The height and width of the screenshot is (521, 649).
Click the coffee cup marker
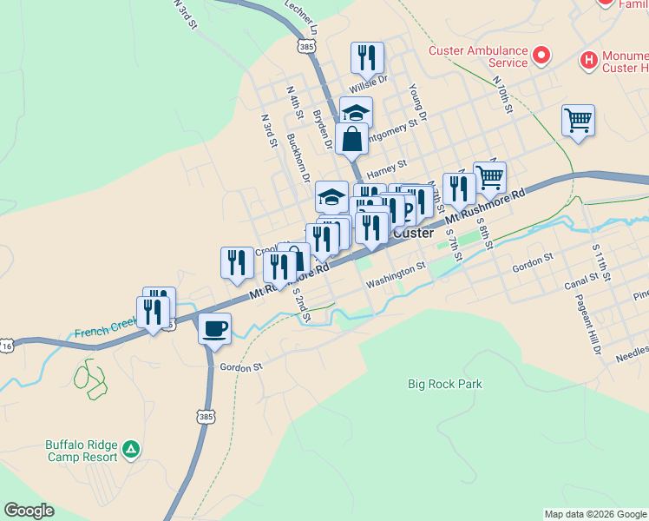pyautogui.click(x=214, y=329)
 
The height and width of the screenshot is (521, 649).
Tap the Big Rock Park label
pyautogui.click(x=444, y=384)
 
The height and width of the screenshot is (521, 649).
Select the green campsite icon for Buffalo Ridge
pyautogui.click(x=130, y=448)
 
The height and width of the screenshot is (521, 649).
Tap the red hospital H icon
pyautogui.click(x=588, y=60)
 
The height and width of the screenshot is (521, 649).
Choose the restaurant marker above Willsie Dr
pyautogui.click(x=367, y=58)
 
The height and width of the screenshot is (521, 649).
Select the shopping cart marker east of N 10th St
pyautogui.click(x=578, y=120)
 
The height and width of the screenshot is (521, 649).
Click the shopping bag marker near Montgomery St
pyautogui.click(x=351, y=139)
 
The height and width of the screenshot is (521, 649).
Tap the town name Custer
pyautogui.click(x=413, y=233)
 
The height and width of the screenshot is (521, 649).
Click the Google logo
pyautogui.click(x=29, y=511)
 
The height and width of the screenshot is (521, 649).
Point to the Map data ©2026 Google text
pyautogui.click(x=594, y=514)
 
